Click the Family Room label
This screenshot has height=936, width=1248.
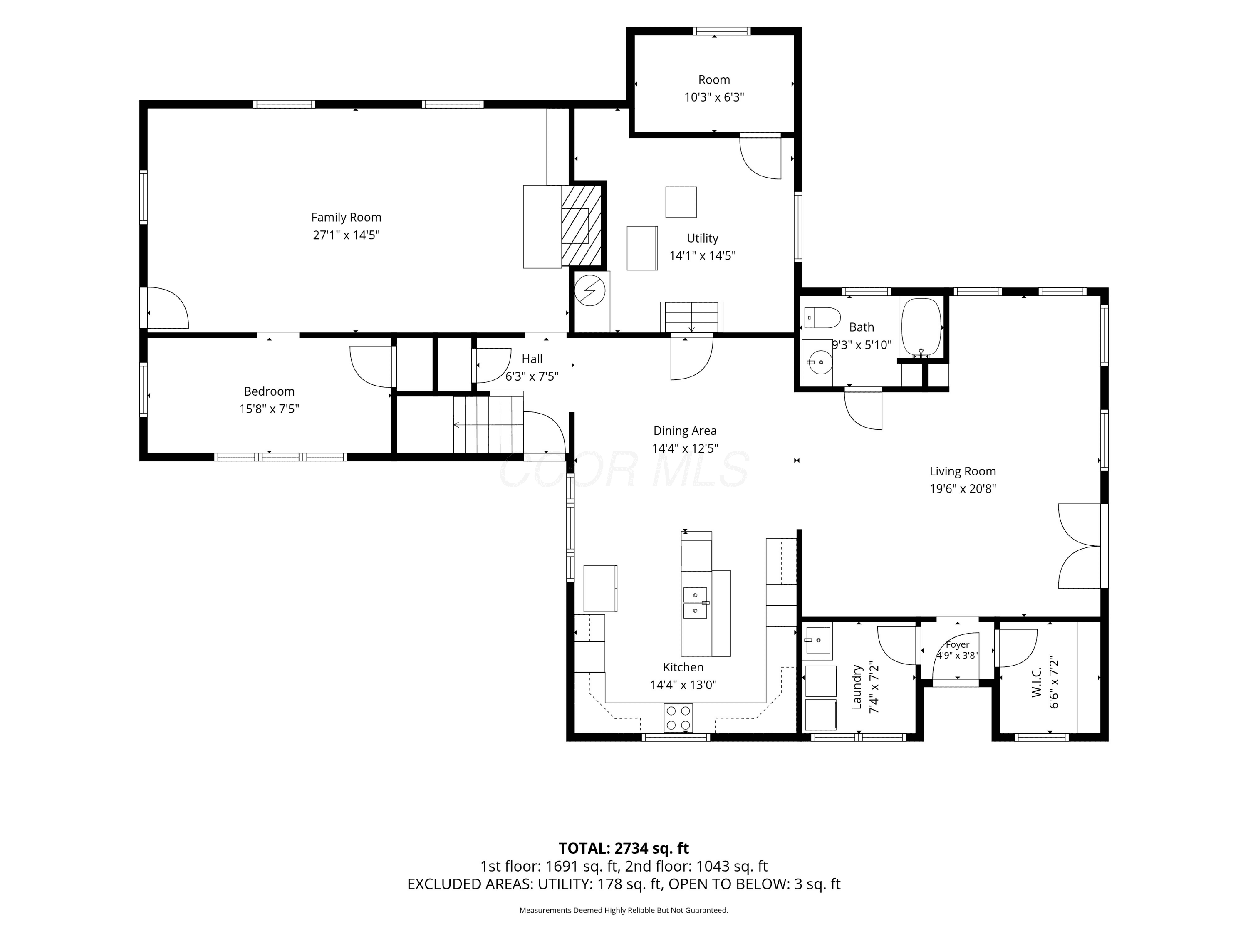346,217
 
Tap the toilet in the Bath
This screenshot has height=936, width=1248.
822,318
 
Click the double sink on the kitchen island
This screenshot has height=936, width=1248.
695,602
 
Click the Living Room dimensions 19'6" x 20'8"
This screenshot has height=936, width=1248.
963,489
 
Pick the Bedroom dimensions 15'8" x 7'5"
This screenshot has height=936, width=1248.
269,409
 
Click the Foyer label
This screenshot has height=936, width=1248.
958,644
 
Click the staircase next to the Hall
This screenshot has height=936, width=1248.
489,424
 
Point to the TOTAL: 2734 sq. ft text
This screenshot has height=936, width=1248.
624,848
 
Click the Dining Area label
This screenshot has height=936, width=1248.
685,431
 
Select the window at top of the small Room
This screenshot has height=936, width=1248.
722,31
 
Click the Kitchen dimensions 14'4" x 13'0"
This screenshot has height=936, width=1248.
683,685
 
